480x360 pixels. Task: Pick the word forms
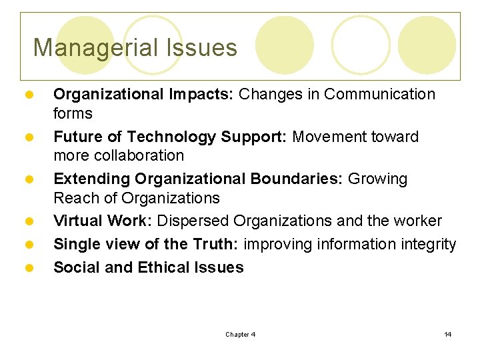pos(73,113)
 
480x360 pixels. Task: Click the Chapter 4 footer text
pos(240,335)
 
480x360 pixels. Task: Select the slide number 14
pos(448,335)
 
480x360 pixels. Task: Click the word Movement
pos(326,137)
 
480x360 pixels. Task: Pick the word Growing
pos(378,179)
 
